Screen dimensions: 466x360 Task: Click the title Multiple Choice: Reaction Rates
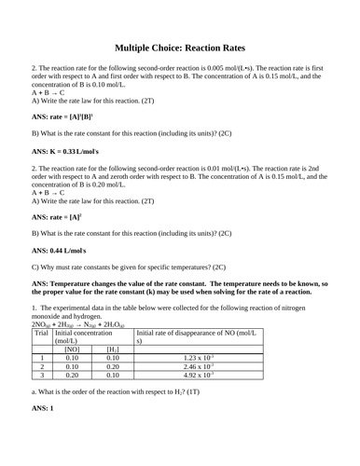180,47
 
